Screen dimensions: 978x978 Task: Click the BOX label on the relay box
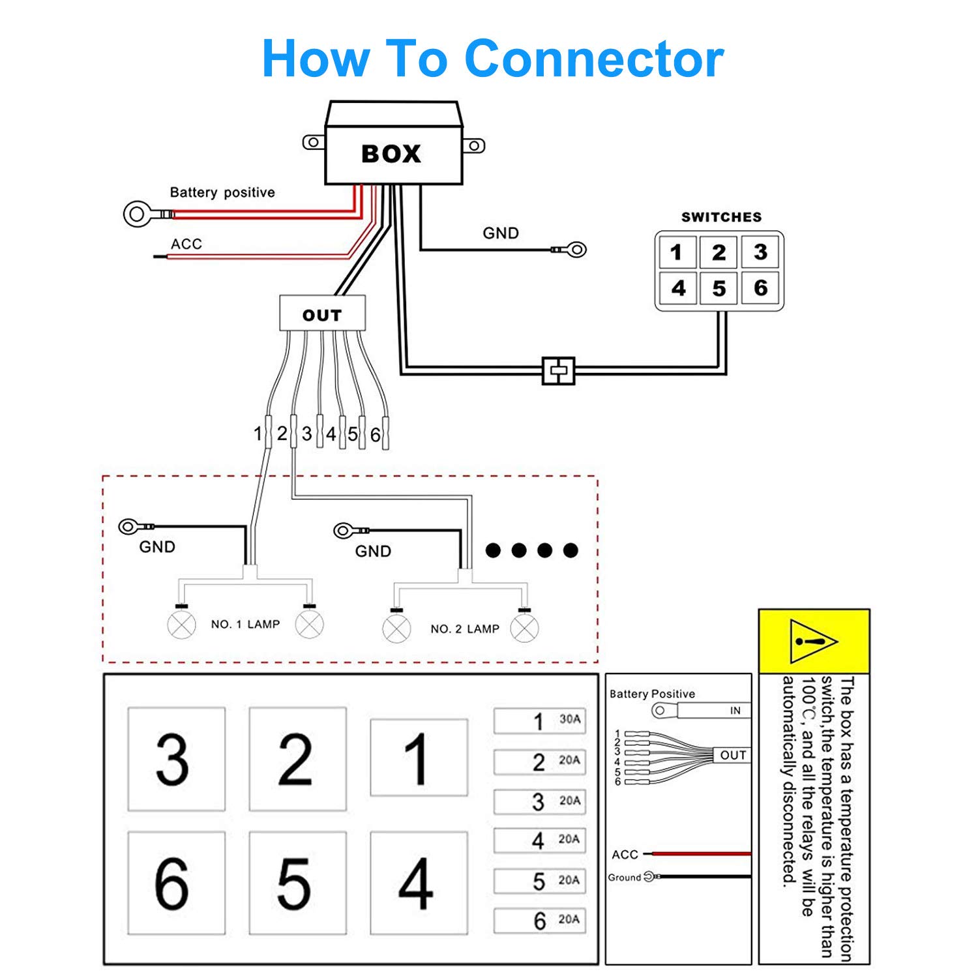391,154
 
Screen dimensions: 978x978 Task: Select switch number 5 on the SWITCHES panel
719,288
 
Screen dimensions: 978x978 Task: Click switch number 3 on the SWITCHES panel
760,252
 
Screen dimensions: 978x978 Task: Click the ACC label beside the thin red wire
186,244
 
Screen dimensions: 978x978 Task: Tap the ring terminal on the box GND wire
576,249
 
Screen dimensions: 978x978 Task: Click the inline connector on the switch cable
559,371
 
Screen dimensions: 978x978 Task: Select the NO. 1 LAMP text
245,624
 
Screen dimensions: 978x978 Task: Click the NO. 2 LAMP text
465,629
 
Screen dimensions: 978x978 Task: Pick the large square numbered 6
176,883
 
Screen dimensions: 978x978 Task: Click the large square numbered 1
419,758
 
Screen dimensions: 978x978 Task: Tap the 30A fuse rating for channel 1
570,719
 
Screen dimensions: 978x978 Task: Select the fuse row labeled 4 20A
540,840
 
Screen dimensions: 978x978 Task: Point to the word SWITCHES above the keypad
721,217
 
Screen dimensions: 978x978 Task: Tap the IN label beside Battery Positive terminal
735,711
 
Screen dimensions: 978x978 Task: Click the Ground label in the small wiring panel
625,878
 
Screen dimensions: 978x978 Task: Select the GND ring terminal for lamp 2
344,530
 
